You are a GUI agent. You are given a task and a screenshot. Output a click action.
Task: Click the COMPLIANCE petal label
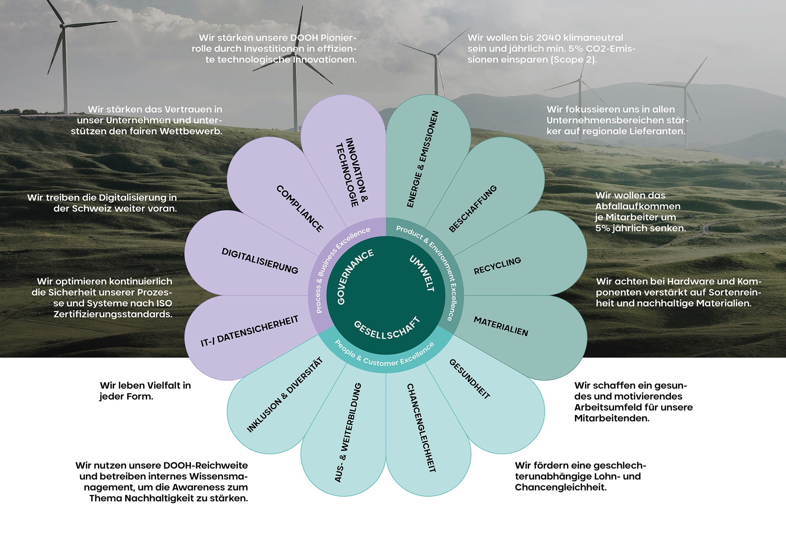click(x=300, y=208)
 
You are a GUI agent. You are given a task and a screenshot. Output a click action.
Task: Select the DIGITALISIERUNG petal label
click(x=260, y=261)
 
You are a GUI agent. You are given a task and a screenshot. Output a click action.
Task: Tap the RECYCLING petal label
click(x=497, y=266)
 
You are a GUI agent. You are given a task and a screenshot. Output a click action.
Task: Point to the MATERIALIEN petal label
click(x=501, y=326)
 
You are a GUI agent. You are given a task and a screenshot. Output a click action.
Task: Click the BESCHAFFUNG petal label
click(x=473, y=209)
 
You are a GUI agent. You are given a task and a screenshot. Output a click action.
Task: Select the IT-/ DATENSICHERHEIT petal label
click(x=250, y=331)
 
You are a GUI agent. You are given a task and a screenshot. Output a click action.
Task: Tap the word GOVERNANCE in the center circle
click(x=355, y=276)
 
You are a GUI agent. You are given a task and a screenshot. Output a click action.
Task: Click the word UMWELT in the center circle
click(x=422, y=273)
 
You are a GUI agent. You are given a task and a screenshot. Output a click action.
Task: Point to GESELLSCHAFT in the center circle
click(x=387, y=329)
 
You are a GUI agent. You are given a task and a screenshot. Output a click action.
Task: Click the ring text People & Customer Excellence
click(x=384, y=355)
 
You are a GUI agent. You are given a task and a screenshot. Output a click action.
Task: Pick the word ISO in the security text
click(x=162, y=303)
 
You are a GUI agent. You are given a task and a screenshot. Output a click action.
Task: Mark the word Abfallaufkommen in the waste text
click(x=637, y=206)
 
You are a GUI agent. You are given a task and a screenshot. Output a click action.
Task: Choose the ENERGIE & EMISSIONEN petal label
click(x=422, y=159)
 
